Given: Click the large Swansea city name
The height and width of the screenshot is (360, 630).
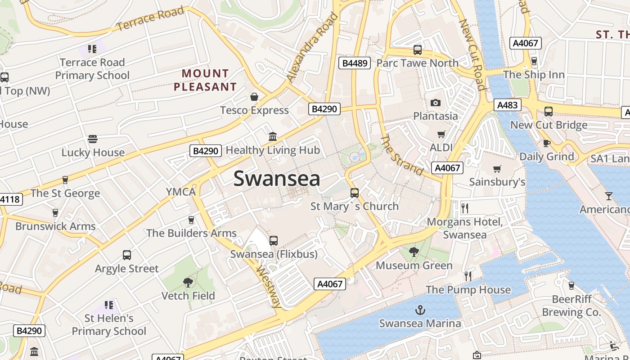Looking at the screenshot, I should pyautogui.click(x=277, y=179).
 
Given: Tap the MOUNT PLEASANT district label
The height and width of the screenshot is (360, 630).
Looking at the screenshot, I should pyautogui.click(x=205, y=80).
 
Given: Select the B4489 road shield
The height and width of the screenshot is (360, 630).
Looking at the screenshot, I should pyautogui.click(x=355, y=63).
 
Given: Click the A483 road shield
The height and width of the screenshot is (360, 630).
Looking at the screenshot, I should pyautogui.click(x=507, y=105).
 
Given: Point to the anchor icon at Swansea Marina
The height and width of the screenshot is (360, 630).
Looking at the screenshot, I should pyautogui.click(x=419, y=310).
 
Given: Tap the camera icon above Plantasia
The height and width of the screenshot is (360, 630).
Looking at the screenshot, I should pyautogui.click(x=435, y=103).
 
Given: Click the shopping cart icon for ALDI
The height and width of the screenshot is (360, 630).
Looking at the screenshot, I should pyautogui.click(x=441, y=135).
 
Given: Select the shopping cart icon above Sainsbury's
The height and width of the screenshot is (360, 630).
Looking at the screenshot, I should pyautogui.click(x=497, y=169).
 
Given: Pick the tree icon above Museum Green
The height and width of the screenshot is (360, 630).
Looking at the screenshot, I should pyautogui.click(x=414, y=252).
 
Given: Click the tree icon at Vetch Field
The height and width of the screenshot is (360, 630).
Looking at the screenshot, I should pyautogui.click(x=188, y=283).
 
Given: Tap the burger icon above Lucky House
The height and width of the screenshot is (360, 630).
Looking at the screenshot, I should pyautogui.click(x=93, y=139).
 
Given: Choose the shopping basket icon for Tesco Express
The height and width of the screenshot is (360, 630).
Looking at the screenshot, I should pyautogui.click(x=254, y=97).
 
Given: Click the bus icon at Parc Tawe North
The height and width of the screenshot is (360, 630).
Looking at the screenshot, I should pyautogui.click(x=417, y=49).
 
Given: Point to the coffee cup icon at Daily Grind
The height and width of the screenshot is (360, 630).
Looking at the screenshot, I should pyautogui.click(x=547, y=144).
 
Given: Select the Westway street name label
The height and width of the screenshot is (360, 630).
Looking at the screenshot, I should pyautogui.click(x=269, y=287).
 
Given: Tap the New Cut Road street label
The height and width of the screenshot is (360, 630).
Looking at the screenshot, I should pyautogui.click(x=472, y=54).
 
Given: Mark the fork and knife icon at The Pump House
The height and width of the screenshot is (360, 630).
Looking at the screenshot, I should pyautogui.click(x=468, y=276).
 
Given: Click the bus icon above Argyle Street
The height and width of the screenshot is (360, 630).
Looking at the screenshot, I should pyautogui.click(x=127, y=255).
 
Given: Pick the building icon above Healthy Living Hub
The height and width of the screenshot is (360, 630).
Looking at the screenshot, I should pyautogui.click(x=272, y=136).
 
